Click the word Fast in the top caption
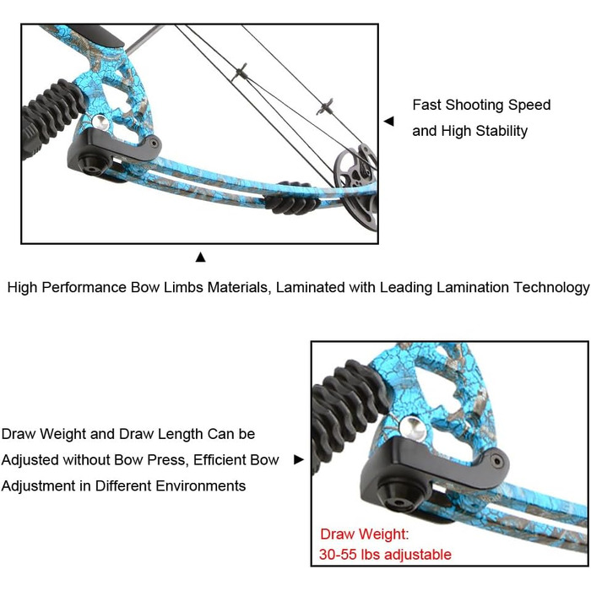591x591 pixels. [426, 105]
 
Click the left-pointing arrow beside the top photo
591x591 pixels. [388, 121]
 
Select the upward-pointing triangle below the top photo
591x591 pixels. [201, 257]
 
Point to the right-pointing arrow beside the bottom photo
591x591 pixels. [299, 459]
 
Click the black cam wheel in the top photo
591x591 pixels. [356, 187]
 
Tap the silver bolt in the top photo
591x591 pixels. [101, 123]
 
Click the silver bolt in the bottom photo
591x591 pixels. [413, 429]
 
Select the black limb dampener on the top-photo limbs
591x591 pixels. [291, 199]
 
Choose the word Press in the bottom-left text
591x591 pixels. [168, 460]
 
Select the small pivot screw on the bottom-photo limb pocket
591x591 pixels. [497, 461]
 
